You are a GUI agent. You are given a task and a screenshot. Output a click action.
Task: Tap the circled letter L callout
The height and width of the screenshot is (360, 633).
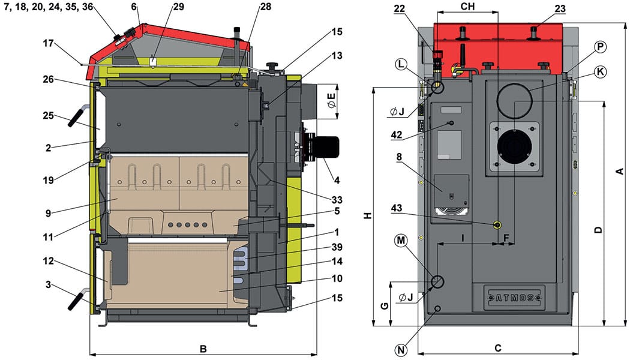(x=402, y=64)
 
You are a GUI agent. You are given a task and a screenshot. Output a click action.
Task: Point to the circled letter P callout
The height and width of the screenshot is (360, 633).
(x=600, y=47)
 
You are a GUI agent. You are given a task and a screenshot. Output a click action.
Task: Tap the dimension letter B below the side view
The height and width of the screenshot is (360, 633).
(x=203, y=349)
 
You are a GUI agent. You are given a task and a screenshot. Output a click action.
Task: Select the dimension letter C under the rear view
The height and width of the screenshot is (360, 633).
(x=497, y=348)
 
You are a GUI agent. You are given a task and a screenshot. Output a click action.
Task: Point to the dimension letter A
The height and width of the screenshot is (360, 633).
(x=620, y=172)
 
